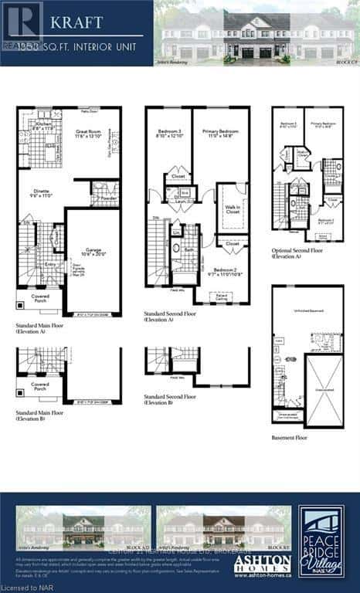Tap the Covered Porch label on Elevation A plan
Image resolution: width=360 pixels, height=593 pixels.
click(40, 296)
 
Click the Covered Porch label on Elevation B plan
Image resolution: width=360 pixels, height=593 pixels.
click(40, 385)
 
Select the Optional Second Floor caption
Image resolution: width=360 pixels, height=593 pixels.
click(297, 252)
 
